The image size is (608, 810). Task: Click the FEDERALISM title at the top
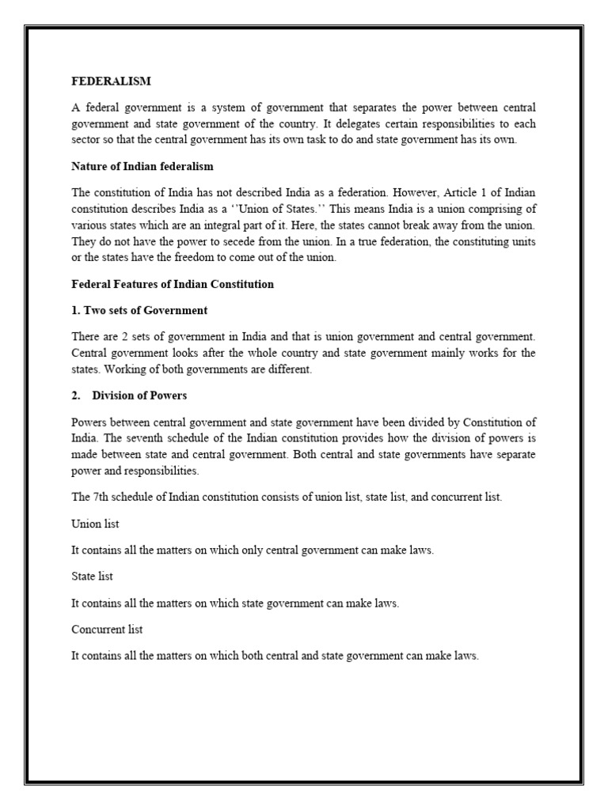tap(111, 81)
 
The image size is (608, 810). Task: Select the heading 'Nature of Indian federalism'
tap(142, 166)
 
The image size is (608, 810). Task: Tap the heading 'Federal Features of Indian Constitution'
tap(173, 285)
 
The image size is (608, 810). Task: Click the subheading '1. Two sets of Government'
tap(139, 310)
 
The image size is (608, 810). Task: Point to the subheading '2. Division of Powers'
tap(129, 396)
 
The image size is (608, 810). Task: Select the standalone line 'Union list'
tap(95, 524)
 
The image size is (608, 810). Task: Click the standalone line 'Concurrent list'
tap(107, 630)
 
